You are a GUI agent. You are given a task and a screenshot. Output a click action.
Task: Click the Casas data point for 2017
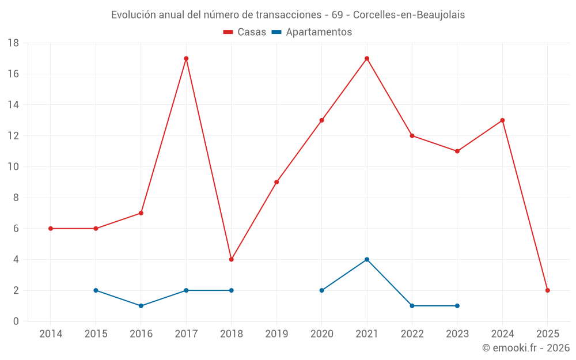pos(186,58)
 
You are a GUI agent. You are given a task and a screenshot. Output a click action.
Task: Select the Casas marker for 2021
pos(367,58)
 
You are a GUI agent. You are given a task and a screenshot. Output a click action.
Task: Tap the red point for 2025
pos(548,290)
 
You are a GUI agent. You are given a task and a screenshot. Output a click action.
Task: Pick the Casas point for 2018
pos(232,259)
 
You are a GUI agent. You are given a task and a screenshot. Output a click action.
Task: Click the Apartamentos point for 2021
pos(367,259)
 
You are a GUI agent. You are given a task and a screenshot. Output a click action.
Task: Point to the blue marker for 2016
pos(141,306)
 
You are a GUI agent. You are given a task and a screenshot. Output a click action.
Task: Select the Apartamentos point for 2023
pos(457,306)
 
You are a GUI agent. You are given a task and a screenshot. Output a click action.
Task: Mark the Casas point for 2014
pos(51,229)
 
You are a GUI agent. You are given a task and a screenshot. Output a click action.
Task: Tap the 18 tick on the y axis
pos(13,43)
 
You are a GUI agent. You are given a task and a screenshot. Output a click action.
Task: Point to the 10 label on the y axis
pos(13,167)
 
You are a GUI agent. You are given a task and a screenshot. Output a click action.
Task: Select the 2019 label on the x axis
pos(276,334)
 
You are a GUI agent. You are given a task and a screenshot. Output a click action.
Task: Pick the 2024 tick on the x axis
pos(502,334)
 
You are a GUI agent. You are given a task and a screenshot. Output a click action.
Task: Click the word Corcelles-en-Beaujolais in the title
pos(409,15)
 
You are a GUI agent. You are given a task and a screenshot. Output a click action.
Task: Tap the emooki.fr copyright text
pos(526,348)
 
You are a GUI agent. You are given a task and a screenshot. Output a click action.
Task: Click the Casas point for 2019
pos(276,182)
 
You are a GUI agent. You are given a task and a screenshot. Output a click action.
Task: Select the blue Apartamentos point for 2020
pos(322,290)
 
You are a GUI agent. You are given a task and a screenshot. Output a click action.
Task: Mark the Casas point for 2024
pos(502,120)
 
